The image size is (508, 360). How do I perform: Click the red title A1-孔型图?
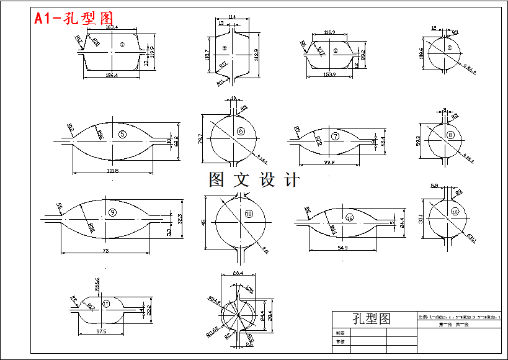(74, 19)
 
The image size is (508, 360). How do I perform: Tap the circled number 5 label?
(122, 135)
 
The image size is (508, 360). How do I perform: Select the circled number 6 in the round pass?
(240, 131)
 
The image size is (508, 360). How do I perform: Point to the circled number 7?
(335, 137)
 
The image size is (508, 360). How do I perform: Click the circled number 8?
(450, 135)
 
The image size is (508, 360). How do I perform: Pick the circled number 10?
(249, 214)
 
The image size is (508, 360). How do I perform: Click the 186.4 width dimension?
(112, 75)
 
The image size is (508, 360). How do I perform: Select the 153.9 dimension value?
(329, 74)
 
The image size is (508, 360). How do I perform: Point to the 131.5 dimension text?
(112, 170)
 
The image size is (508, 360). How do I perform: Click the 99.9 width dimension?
(329, 163)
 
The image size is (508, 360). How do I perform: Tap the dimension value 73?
(105, 250)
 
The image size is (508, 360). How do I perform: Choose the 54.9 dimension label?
(342, 248)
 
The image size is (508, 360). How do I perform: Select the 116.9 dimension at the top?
(329, 32)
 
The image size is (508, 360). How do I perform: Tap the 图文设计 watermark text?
(254, 180)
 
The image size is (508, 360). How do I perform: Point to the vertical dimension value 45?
(203, 222)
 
